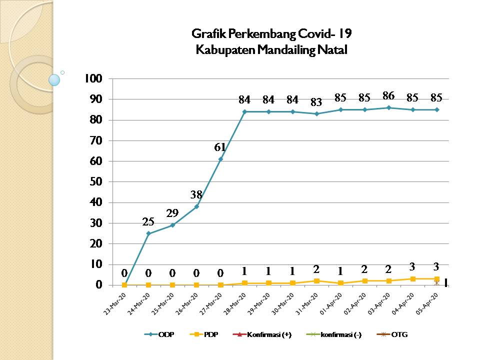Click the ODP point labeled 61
220,159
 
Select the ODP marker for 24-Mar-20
148,233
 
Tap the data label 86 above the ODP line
388,94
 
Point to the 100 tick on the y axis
94,78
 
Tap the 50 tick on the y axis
97,181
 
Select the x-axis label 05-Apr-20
427,303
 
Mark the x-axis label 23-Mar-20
115,303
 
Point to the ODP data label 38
196,194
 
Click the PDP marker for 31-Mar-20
316,281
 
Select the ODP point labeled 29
172,225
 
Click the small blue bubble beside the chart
54,79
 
